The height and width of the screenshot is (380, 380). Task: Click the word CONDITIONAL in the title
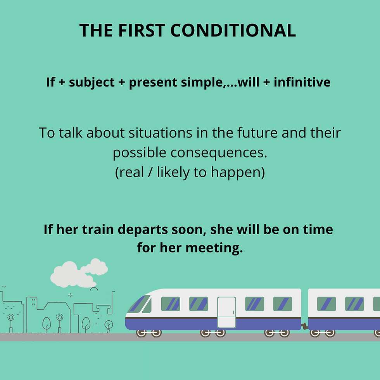point(233,30)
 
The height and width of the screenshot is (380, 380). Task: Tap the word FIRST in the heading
point(142,30)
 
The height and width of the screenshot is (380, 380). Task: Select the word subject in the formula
point(92,83)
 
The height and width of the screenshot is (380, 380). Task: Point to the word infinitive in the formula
point(302,82)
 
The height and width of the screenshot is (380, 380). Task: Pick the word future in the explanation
point(257,133)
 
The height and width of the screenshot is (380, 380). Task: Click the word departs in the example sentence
point(143,230)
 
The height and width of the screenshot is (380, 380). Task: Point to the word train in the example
point(98,230)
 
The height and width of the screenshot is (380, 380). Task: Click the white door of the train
point(226,313)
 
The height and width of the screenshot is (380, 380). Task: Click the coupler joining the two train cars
point(305,326)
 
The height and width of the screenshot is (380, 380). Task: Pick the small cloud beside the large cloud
point(95,267)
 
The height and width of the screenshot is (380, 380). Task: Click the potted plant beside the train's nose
point(108,326)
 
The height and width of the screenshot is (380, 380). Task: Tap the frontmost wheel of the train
point(141,333)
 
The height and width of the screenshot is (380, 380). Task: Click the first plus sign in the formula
point(62,82)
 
